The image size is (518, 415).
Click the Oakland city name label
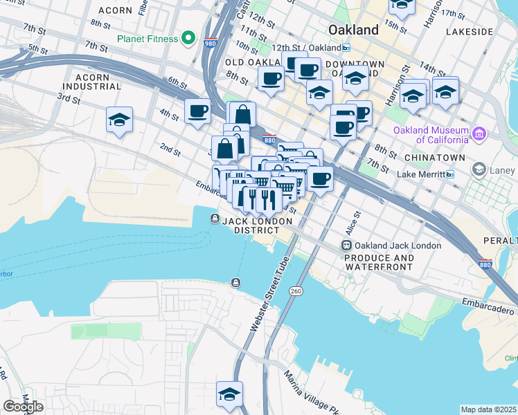click(x=353, y=30)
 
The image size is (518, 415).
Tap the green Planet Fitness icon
click(x=188, y=37)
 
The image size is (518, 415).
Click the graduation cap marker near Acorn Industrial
click(x=119, y=120)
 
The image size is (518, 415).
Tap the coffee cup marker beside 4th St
click(x=198, y=111)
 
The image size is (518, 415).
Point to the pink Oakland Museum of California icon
click(x=479, y=133)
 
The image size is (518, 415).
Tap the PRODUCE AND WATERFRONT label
click(x=379, y=262)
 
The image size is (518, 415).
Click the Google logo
click(x=23, y=406)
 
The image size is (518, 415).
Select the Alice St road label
click(x=352, y=223)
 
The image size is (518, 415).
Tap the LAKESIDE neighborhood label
click(x=470, y=32)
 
